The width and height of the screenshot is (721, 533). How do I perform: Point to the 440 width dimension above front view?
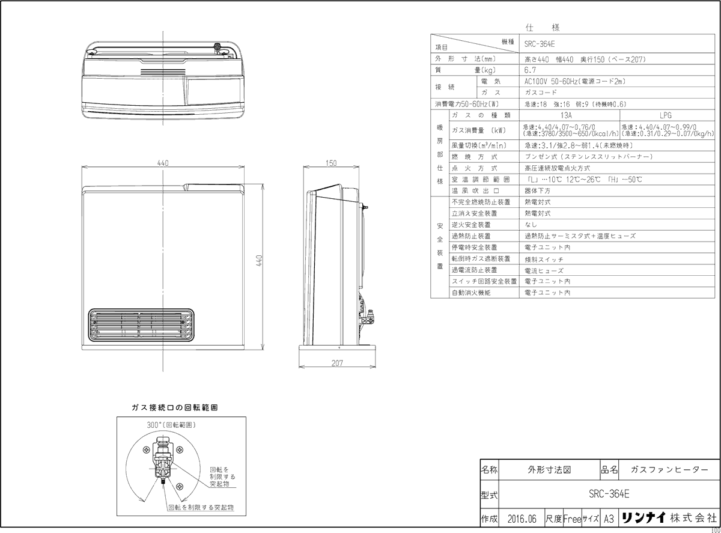(x=163, y=162)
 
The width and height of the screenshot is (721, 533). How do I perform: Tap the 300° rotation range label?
(x=172, y=424)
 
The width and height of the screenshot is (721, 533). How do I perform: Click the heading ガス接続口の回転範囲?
(x=174, y=407)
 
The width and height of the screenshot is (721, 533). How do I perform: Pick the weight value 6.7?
(x=530, y=70)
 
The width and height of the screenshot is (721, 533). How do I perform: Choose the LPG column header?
(x=665, y=115)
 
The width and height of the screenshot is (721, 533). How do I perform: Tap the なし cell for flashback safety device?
(x=531, y=225)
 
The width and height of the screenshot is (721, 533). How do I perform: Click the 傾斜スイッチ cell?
(x=544, y=258)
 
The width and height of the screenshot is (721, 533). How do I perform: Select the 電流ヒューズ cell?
(x=544, y=270)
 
